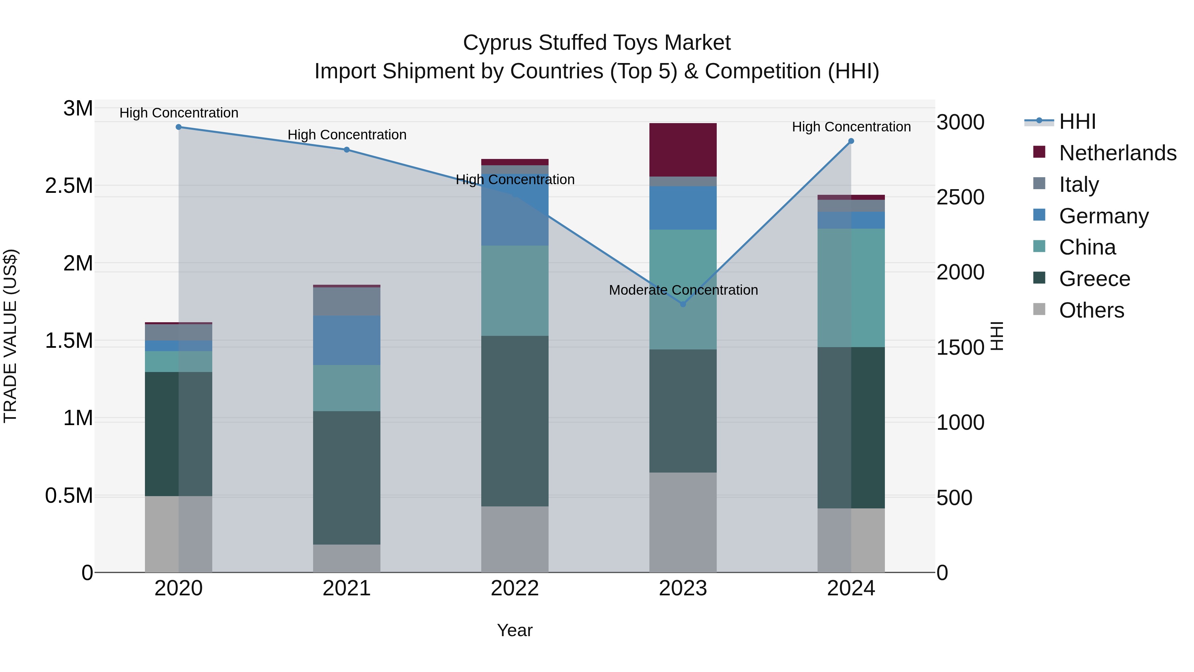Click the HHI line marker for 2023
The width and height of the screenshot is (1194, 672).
point(683,304)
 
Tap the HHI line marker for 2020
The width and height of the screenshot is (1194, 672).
point(178,127)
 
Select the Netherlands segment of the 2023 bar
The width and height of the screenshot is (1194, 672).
point(683,150)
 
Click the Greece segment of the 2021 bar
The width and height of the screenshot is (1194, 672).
point(347,478)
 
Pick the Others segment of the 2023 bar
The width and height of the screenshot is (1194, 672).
point(683,522)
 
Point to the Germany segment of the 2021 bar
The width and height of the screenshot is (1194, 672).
point(347,340)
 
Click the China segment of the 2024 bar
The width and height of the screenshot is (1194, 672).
point(851,287)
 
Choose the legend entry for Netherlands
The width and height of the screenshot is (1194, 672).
point(1117,153)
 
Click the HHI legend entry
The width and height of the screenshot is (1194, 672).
point(1077,121)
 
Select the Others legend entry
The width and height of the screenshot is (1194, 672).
point(1091,310)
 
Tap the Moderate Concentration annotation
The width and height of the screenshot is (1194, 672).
point(683,290)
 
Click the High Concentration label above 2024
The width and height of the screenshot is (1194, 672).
point(851,127)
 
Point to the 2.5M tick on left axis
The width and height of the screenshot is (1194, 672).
point(69,186)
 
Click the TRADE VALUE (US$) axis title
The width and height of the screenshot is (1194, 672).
point(10,336)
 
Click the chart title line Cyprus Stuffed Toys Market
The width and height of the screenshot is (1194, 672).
point(597,43)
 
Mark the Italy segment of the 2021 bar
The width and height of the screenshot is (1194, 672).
point(347,301)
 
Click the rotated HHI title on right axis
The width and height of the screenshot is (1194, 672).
point(997,336)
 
